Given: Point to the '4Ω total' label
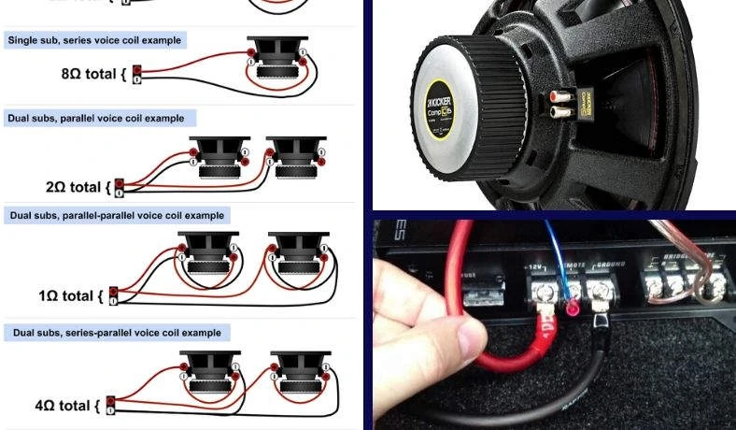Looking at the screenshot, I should click(x=66, y=406).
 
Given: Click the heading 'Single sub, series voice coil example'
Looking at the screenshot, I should click(x=94, y=41).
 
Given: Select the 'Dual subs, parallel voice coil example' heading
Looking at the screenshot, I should click(x=97, y=119).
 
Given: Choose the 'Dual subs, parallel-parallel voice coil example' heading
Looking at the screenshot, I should click(x=117, y=215).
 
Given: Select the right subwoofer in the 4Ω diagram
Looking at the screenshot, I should click(x=297, y=371).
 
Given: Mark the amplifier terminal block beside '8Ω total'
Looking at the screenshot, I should click(x=137, y=74).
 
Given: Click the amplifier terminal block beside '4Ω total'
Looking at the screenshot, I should click(x=111, y=405).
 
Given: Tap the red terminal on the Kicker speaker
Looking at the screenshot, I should click(x=559, y=97).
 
